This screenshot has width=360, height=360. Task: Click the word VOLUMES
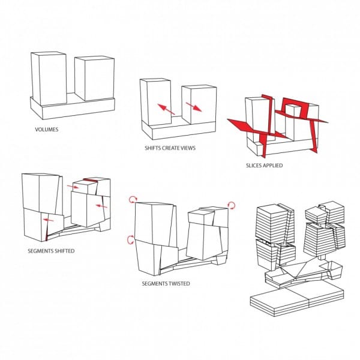(x=47, y=129)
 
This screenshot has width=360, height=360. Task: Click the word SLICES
(x=254, y=166)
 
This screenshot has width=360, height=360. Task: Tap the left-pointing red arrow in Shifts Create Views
(x=166, y=109)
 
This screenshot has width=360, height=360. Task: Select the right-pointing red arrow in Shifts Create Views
(x=194, y=107)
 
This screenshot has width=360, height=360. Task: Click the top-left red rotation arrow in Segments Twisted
(x=133, y=199)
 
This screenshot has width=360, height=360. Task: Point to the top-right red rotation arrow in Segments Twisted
(x=232, y=205)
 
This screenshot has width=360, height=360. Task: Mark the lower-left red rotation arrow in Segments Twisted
(x=130, y=239)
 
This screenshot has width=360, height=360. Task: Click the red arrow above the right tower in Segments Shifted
(x=73, y=187)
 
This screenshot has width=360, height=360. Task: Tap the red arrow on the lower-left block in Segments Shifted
(x=49, y=220)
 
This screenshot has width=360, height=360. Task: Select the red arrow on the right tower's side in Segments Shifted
(x=101, y=206)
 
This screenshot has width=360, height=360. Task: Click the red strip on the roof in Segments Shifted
(x=91, y=180)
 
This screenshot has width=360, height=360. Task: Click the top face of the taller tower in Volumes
(x=49, y=53)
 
